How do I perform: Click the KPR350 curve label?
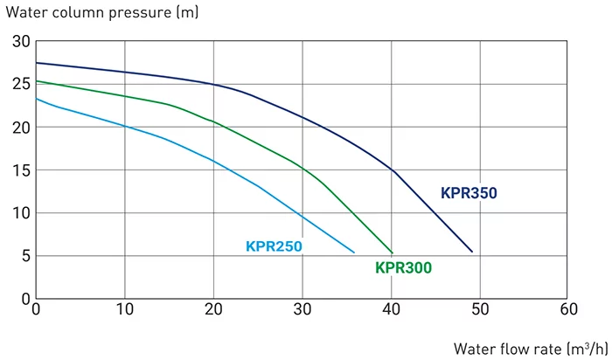point(469,193)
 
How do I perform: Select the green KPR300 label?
point(403,268)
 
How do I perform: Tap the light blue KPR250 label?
point(274,246)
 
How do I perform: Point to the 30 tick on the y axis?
point(20,42)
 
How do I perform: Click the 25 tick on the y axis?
point(20,85)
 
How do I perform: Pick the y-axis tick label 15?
point(20,170)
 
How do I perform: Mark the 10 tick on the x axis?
point(124,308)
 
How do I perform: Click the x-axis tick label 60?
point(568,308)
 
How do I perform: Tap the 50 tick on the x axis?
point(480,308)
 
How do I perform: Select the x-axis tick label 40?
point(391,308)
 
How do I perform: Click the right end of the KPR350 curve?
point(472,252)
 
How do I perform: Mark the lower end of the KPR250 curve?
point(354,253)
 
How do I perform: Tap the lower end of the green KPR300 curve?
point(393,253)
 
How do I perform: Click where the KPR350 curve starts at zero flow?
point(36,63)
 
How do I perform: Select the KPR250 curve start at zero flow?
point(36,99)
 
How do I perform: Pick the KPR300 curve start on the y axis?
point(36,81)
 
